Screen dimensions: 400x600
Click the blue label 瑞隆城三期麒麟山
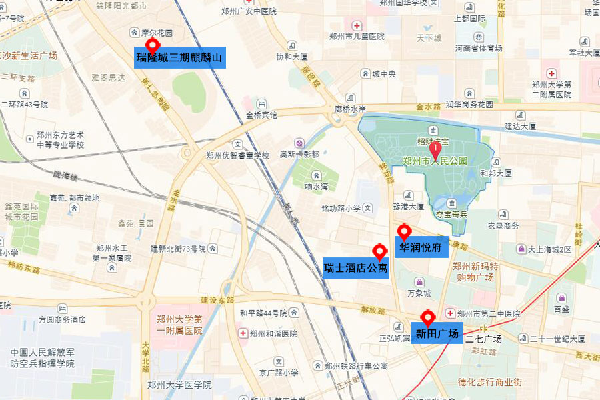(x=180, y=58)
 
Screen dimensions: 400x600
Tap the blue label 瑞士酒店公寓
(x=355, y=268)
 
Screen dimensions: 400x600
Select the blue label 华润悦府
(x=421, y=248)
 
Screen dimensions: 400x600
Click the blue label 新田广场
(x=437, y=333)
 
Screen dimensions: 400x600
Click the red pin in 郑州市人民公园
(x=435, y=147)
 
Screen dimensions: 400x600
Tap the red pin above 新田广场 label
(x=427, y=317)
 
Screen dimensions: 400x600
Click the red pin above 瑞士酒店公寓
(x=379, y=251)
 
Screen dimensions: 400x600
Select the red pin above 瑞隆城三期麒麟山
(x=153, y=45)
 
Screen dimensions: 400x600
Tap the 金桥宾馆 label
(x=261, y=115)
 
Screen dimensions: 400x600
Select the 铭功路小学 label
(x=341, y=208)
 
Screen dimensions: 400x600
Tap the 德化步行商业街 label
(x=490, y=382)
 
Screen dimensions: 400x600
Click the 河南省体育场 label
(x=478, y=48)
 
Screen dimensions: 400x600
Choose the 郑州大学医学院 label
(x=179, y=385)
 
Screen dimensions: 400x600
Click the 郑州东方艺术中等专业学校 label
(x=60, y=140)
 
